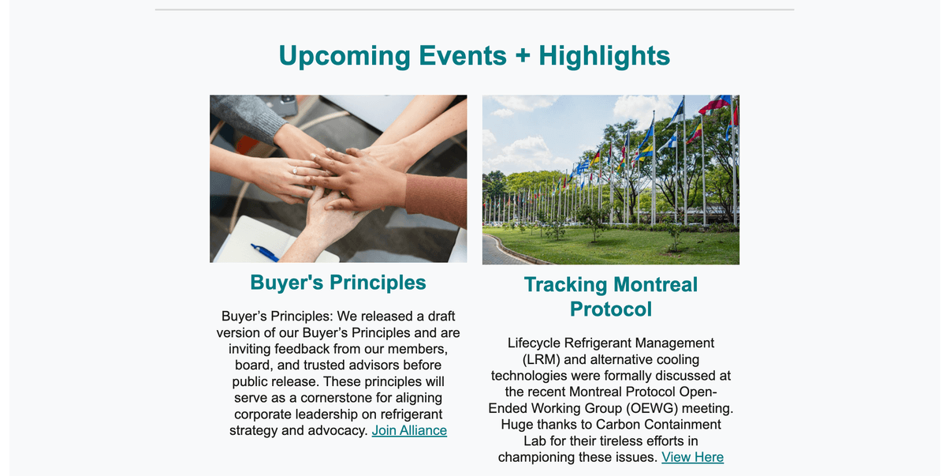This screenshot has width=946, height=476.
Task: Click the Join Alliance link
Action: pyautogui.click(x=409, y=430)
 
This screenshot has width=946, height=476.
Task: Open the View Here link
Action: pyautogui.click(x=693, y=457)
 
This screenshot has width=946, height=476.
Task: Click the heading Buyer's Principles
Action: pyautogui.click(x=338, y=283)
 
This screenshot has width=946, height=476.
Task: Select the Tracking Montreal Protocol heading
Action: pyautogui.click(x=611, y=297)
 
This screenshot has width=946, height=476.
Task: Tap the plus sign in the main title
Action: pyautogui.click(x=523, y=55)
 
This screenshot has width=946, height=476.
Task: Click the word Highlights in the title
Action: pyautogui.click(x=605, y=56)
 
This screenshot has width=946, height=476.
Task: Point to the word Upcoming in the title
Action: pyautogui.click(x=345, y=56)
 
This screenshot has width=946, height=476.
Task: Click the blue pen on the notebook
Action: pyautogui.click(x=265, y=253)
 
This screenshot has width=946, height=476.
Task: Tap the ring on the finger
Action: pyautogui.click(x=295, y=171)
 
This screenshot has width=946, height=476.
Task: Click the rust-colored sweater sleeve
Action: pyautogui.click(x=437, y=200)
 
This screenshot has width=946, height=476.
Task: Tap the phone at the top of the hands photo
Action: pyautogui.click(x=287, y=104)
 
